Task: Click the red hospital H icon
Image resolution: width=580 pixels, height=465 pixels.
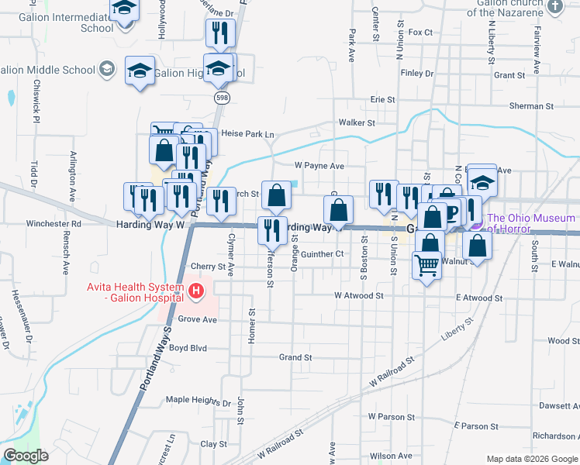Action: (x=196, y=292)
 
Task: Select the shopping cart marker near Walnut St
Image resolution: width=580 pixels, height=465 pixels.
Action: (x=426, y=265)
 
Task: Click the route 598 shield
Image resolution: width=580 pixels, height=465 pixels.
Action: (x=223, y=98)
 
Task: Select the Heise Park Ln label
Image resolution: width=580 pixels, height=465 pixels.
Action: (x=248, y=133)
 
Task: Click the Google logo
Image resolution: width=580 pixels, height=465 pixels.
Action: (x=26, y=456)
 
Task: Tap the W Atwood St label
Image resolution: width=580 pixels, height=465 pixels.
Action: (x=359, y=295)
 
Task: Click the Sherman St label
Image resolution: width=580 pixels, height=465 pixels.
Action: (x=531, y=105)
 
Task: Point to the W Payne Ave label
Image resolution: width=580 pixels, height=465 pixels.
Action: (x=319, y=166)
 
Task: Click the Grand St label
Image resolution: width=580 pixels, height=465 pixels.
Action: (x=295, y=357)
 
